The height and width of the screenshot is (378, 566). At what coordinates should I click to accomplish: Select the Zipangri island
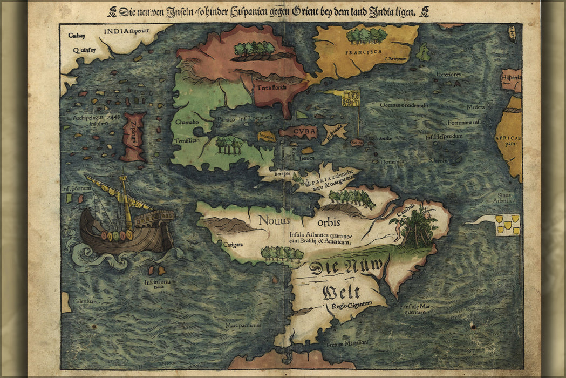(133, 137)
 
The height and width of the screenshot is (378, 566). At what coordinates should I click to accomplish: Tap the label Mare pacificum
(244, 326)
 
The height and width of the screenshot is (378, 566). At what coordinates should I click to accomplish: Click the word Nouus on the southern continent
(274, 220)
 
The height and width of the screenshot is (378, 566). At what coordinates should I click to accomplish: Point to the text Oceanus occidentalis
(404, 105)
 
